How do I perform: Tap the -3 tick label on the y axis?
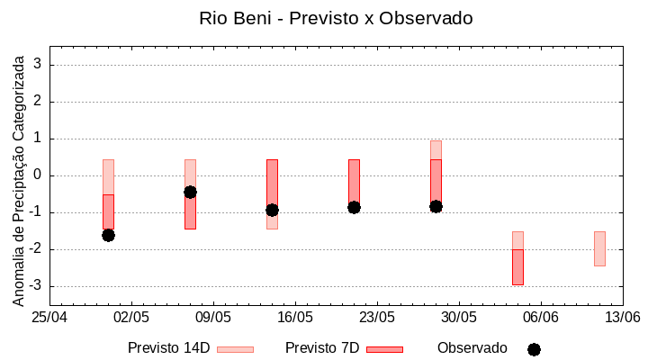tap(36, 286)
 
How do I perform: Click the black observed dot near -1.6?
tap(108, 235)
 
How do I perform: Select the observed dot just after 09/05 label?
tap(190, 192)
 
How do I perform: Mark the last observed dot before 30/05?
tap(436, 206)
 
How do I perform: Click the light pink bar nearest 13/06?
tap(599, 248)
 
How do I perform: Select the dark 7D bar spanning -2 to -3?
tap(517, 267)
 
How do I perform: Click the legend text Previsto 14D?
tap(169, 348)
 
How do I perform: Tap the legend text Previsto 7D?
tap(322, 348)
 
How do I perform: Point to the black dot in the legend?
tap(534, 349)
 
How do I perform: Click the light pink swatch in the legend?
tap(235, 349)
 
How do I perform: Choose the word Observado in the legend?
tap(472, 348)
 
